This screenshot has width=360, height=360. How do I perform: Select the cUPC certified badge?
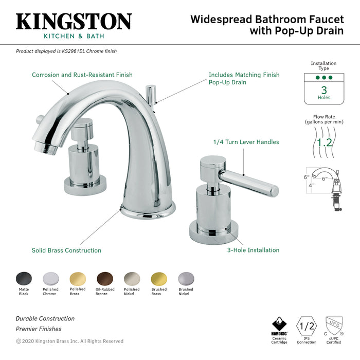click(334, 326)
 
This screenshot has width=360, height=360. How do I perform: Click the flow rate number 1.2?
click(324, 142)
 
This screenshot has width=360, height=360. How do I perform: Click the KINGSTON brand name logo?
click(74, 21)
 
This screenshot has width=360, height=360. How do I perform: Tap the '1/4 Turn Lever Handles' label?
click(246, 142)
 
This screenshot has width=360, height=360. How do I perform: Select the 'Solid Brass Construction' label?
click(66, 250)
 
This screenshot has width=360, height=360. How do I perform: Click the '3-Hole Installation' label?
click(254, 250)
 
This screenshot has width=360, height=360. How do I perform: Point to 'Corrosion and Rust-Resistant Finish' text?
click(82, 75)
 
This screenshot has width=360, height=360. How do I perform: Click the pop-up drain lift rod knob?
click(151, 91)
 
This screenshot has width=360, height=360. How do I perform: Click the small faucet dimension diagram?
click(322, 188)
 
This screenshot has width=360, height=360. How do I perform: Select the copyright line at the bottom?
click(70, 341)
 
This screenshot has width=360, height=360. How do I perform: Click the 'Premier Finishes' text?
click(39, 329)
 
